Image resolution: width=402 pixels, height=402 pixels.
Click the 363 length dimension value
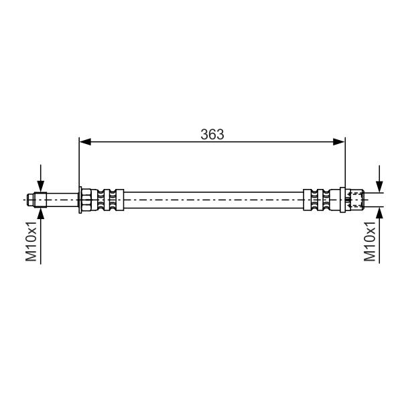click(x=212, y=135)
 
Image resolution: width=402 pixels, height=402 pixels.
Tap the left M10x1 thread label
click(x=31, y=241)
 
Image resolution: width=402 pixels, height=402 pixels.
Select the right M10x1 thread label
click(x=370, y=241)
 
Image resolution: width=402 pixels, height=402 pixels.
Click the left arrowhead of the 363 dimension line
click(x=85, y=141)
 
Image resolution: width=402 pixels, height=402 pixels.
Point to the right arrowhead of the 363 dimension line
click(x=339, y=141)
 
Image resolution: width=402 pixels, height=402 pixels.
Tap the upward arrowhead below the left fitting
click(x=40, y=213)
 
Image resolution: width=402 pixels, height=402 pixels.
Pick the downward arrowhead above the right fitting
click(x=379, y=187)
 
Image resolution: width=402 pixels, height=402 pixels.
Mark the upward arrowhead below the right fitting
click(x=379, y=212)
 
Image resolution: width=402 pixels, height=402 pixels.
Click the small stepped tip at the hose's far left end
click(x=31, y=200)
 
